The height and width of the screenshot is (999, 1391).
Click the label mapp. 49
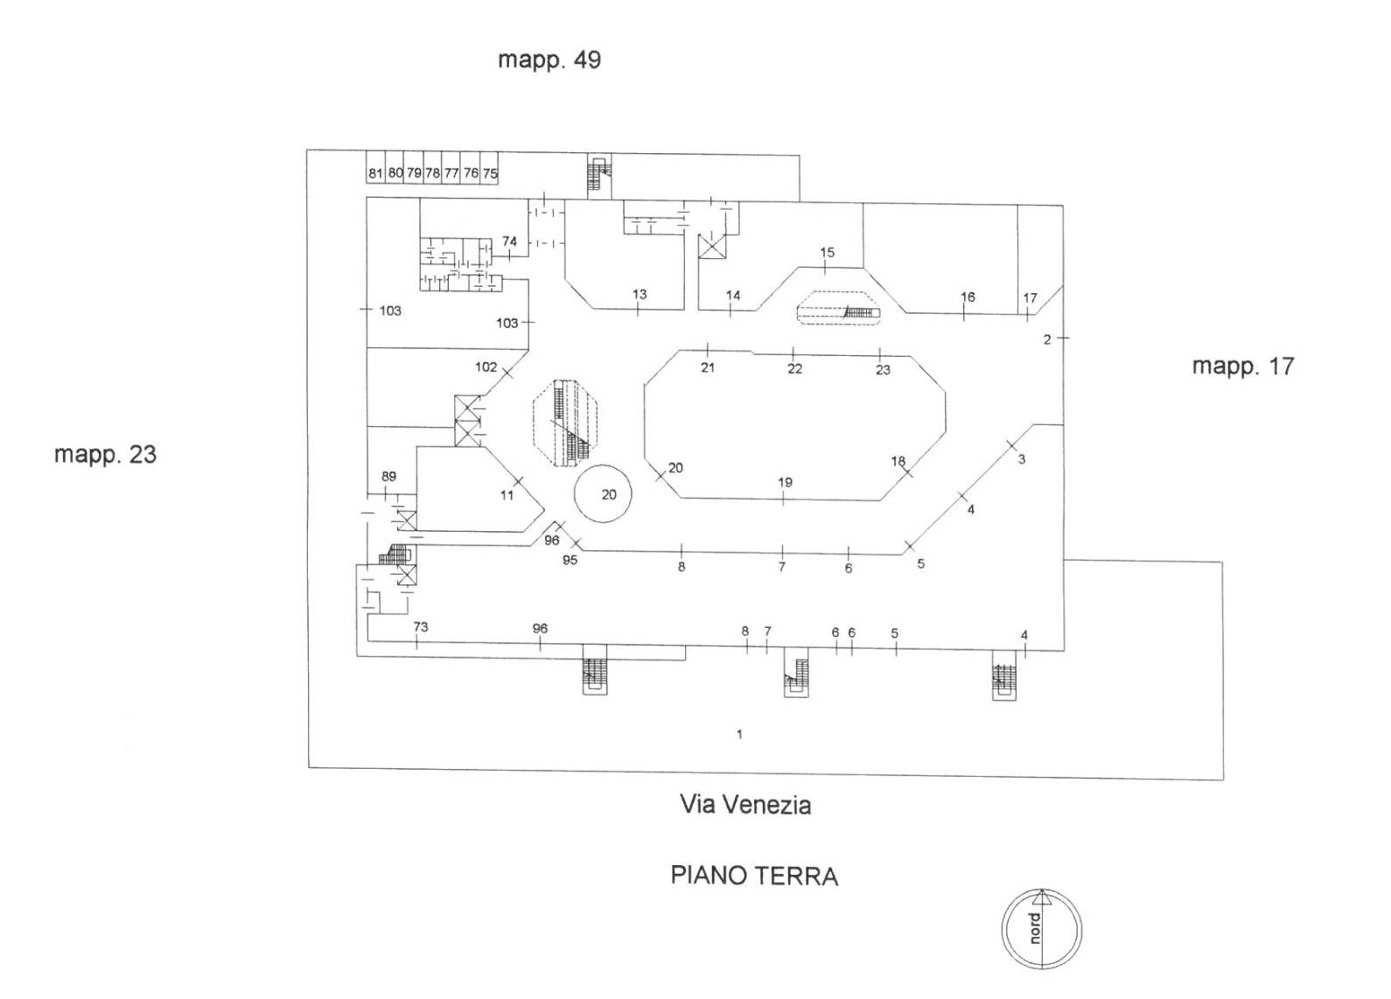[549, 60]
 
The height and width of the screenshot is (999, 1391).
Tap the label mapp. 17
[1242, 367]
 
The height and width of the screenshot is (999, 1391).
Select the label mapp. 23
[105, 455]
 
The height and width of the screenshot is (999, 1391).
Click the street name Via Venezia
[745, 805]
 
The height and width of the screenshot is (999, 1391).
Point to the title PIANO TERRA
[754, 876]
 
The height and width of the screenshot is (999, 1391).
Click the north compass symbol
[1041, 928]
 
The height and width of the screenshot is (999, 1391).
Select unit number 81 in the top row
[375, 173]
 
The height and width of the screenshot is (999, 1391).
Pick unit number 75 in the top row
[490, 173]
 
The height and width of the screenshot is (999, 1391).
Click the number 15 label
[827, 253]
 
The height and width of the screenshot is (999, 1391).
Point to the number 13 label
[640, 295]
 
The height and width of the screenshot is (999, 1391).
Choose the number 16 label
[968, 297]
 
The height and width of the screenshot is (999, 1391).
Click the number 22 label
[794, 369]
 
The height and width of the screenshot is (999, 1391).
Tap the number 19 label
[785, 483]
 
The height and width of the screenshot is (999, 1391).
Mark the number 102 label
[486, 367]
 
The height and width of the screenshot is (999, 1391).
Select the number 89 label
[388, 477]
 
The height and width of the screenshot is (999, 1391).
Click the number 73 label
[421, 627]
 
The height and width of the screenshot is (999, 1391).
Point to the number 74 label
[510, 241]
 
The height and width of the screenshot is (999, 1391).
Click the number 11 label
[507, 495]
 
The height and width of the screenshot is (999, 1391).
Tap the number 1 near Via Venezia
[739, 734]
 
